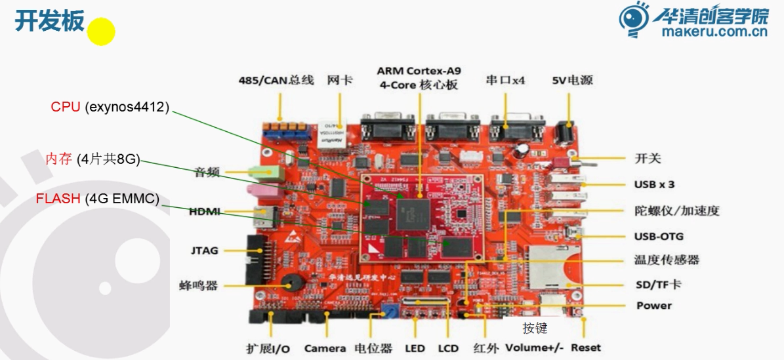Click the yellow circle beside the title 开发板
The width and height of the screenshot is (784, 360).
coord(102,31)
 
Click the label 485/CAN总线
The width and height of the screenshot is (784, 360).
coord(278,81)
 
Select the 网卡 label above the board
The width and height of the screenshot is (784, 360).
coord(340,80)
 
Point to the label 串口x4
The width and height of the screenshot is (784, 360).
coord(505,80)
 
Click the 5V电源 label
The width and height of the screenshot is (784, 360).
coord(572,80)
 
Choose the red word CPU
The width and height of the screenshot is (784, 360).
coord(66,107)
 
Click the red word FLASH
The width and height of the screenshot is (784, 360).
coord(58,199)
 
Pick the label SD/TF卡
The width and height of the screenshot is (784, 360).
coord(657,285)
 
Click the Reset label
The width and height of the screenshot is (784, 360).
coord(585,348)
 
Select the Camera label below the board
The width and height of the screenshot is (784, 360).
coord(324,348)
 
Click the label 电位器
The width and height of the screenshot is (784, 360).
coord(373,348)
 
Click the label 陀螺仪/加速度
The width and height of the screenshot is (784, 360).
coord(676,210)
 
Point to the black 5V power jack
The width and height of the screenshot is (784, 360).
coord(563,134)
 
